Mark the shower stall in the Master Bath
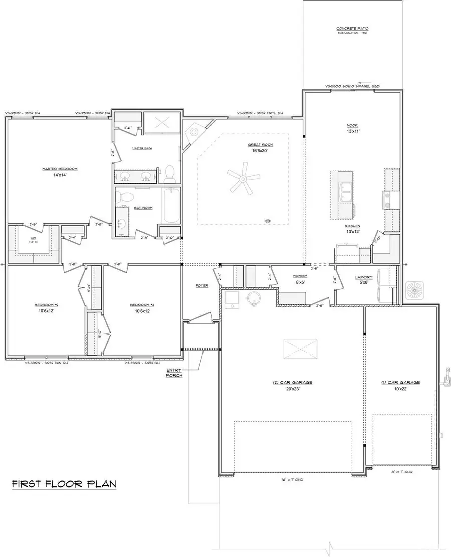pyautogui.click(x=162, y=124)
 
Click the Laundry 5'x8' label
pyautogui.click(x=364, y=279)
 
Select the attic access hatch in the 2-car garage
pyautogui.click(x=301, y=349)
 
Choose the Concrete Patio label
pyautogui.click(x=353, y=29)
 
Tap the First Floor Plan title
pyautogui.click(x=64, y=484)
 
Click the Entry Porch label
pyautogui.click(x=174, y=372)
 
